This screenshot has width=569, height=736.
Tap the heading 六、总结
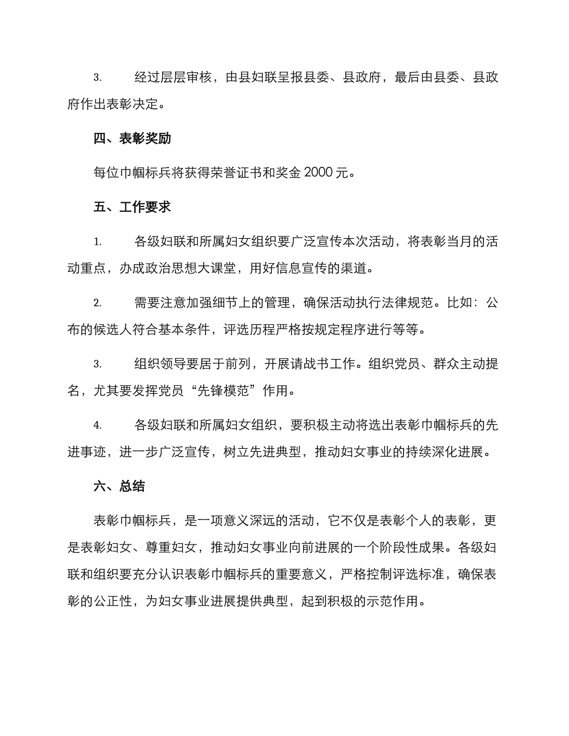[119, 485]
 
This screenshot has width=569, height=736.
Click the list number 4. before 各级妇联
[97, 425]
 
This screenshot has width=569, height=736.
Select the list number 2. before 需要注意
[97, 303]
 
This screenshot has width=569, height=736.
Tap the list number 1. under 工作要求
[97, 242]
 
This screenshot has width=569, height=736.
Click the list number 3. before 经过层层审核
[97, 78]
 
